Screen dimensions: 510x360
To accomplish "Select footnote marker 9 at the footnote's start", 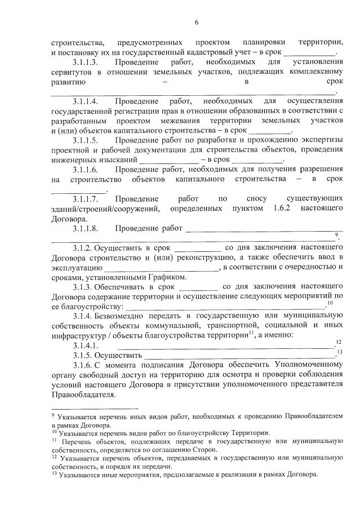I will point(52,415).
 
